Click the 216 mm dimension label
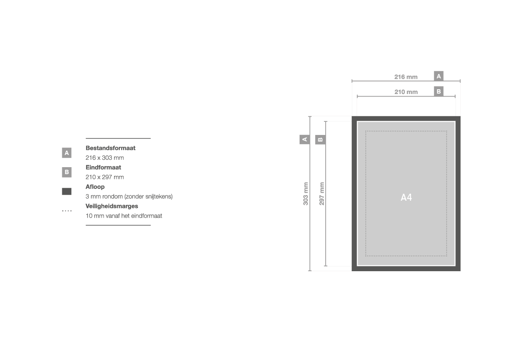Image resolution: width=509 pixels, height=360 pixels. pos(406,77)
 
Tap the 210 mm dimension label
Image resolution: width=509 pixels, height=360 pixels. pos(406,92)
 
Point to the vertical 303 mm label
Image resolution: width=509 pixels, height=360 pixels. pos(306,193)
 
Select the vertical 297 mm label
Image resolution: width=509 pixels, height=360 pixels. pos(321,193)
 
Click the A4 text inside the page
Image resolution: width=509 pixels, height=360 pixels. pos(406,197)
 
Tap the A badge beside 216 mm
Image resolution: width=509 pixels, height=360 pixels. pos(438,76)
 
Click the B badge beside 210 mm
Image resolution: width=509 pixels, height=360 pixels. pos(438,91)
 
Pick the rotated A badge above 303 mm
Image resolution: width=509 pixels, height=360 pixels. pos(304,140)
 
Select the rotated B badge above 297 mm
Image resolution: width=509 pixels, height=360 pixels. pos(320,140)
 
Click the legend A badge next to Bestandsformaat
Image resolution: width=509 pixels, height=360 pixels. pos(67,153)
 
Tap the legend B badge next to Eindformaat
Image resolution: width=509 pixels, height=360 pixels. pos(67,172)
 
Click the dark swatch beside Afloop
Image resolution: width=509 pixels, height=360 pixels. pos(67,192)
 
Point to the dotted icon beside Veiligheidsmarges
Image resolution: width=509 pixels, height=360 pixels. pos(67,211)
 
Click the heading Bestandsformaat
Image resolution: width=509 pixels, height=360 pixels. pos(110,148)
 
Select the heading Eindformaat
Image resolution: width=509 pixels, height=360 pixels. pos(103,168)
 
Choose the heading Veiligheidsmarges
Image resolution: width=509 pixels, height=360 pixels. pos(111,206)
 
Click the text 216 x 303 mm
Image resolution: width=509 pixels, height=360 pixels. pos(104,158)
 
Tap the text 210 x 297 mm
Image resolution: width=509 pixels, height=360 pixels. pos(104,177)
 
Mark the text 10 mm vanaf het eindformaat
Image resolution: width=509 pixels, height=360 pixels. pos(124,216)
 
